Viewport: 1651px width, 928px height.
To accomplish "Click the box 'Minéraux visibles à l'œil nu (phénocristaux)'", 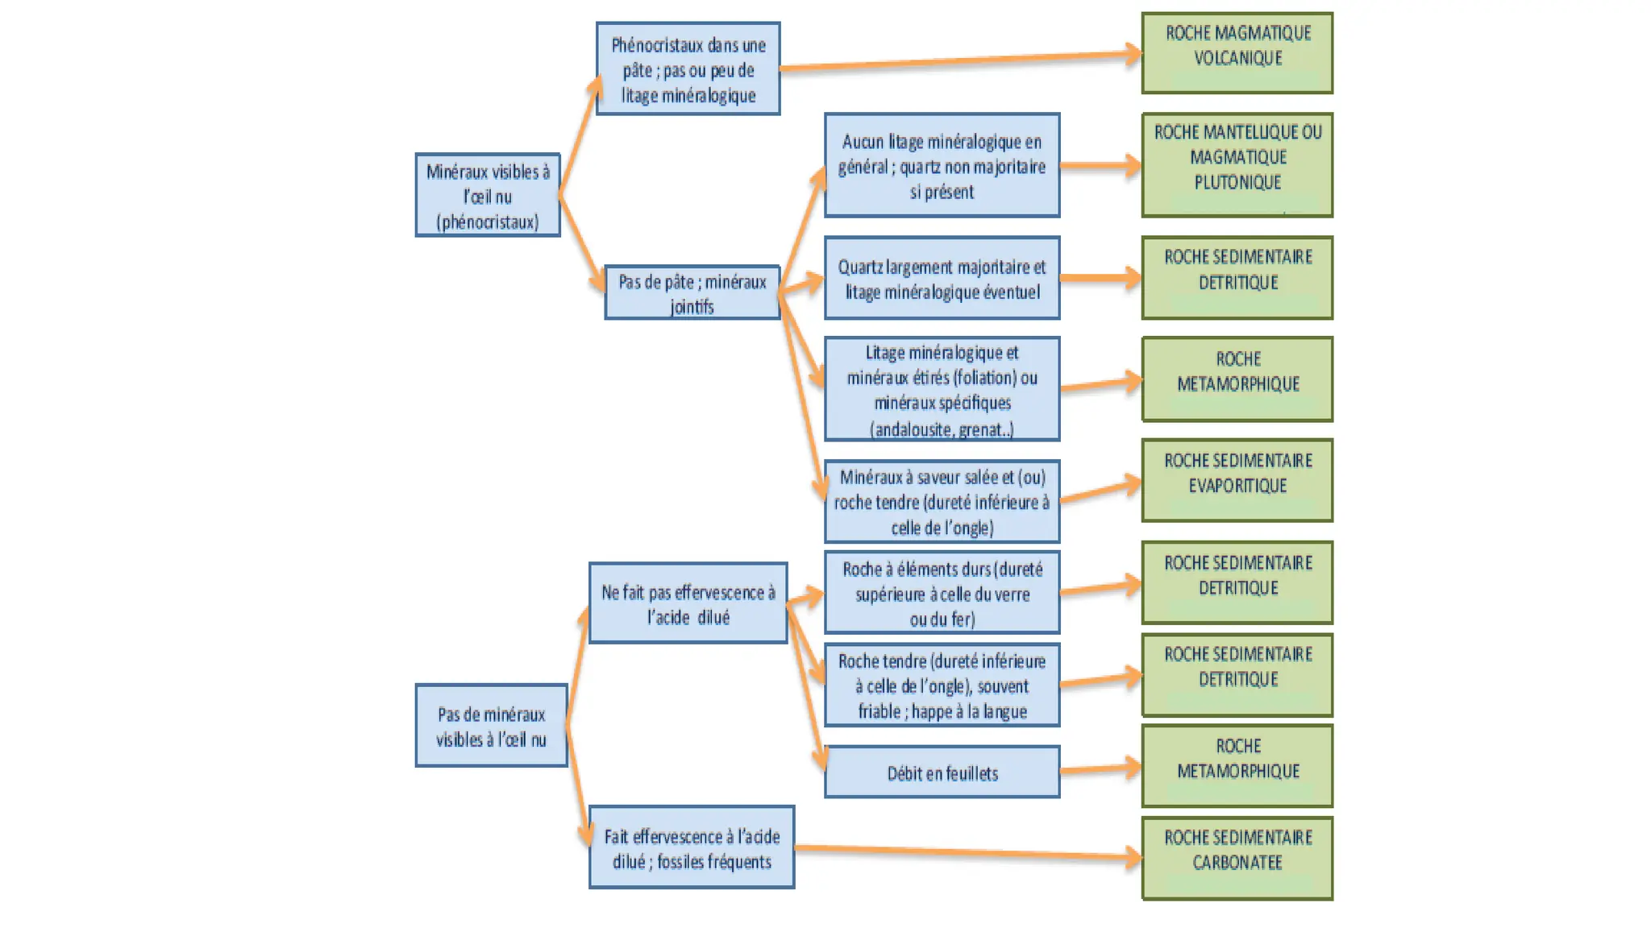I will click(x=488, y=196).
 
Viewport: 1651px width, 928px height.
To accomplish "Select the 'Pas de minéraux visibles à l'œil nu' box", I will click(x=491, y=726).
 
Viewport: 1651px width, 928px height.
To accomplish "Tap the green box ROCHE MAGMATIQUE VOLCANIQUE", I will click(x=1237, y=53).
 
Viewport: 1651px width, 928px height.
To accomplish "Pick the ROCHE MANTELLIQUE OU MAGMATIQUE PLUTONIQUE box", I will click(x=1237, y=165).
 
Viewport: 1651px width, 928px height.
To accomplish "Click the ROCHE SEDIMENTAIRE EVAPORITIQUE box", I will click(x=1237, y=481).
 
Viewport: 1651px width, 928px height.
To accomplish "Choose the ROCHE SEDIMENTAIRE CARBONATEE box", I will click(x=1237, y=858).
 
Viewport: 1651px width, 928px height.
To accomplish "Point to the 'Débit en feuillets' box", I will click(x=942, y=773).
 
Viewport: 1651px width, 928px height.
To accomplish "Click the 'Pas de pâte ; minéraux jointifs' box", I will click(x=692, y=293).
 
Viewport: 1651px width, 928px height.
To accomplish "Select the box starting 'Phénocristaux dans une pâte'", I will click(x=688, y=69).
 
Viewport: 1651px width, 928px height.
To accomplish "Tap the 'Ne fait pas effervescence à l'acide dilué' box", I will click(x=688, y=603).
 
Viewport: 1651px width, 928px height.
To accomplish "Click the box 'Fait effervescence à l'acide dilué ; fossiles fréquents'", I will click(x=692, y=848).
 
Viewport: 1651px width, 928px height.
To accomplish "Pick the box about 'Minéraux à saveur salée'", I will click(x=942, y=502).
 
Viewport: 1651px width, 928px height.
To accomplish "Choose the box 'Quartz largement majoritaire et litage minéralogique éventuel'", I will click(x=942, y=279).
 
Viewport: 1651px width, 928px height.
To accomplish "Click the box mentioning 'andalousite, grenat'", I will click(x=942, y=390).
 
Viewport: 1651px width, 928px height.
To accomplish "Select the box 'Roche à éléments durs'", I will click(x=942, y=594).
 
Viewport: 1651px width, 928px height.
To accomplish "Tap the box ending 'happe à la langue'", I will click(x=942, y=686).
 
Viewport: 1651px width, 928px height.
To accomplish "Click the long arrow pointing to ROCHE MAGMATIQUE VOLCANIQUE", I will click(x=959, y=61).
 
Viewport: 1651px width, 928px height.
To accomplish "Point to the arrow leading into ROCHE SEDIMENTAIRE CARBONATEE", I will click(x=967, y=852).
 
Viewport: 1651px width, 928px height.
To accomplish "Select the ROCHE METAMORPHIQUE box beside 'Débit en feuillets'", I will click(x=1237, y=766).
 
